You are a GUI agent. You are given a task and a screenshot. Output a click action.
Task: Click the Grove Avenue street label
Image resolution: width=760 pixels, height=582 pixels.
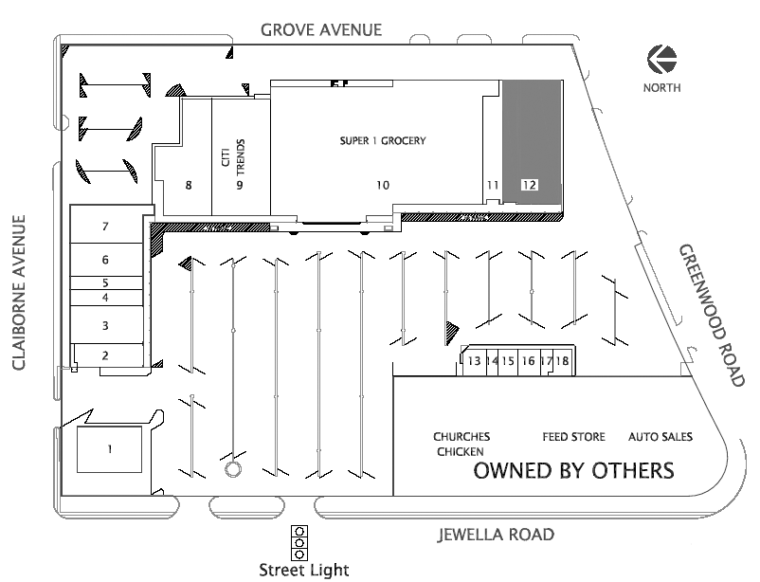click(321, 30)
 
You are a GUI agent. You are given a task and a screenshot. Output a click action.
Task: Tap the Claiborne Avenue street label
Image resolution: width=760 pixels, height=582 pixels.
click(19, 293)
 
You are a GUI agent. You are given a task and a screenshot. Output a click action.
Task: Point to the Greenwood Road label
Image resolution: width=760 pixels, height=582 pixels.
click(711, 316)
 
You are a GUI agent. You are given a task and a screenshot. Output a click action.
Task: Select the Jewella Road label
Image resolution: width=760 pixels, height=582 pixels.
click(496, 535)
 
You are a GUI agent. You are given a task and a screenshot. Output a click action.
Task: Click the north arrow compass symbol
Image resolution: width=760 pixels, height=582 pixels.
click(661, 59)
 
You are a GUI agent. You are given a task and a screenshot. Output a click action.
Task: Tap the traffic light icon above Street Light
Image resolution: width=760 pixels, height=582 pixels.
click(299, 543)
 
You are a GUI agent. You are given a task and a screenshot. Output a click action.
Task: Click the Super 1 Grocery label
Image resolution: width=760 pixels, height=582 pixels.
click(383, 140)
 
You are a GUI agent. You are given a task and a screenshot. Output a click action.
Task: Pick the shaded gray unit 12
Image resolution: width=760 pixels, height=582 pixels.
click(532, 141)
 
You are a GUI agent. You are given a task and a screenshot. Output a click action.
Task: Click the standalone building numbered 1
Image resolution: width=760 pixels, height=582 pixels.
click(110, 449)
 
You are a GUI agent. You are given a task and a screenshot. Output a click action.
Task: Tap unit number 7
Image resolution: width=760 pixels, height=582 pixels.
click(105, 226)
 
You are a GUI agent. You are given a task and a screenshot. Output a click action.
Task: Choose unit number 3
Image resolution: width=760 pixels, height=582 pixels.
click(105, 325)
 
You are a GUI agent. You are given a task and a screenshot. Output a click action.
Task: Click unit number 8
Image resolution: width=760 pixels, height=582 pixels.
click(189, 185)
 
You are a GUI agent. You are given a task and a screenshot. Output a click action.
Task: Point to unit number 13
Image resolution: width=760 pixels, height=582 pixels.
click(474, 361)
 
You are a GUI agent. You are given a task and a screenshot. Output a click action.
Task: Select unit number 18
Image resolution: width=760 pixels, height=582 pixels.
click(562, 361)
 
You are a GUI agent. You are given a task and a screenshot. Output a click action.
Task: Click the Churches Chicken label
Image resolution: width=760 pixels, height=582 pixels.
click(461, 444)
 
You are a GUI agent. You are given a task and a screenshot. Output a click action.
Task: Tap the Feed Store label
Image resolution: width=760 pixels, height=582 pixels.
click(574, 437)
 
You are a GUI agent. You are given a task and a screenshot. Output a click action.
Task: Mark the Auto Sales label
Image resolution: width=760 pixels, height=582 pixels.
click(660, 437)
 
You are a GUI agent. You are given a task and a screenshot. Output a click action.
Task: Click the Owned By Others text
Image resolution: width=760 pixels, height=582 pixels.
click(574, 470)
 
